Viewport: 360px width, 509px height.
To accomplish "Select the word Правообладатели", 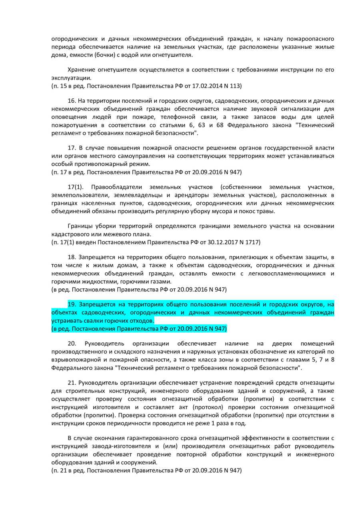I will (x=116, y=187).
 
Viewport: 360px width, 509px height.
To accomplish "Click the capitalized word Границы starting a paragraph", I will (x=80, y=226).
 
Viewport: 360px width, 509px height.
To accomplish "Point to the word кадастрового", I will (x=71, y=234).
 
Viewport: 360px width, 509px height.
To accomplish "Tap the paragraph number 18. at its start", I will (x=72, y=257).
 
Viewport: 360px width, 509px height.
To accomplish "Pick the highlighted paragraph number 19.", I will (x=72, y=305).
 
